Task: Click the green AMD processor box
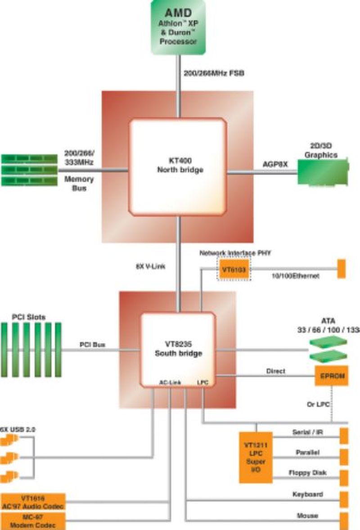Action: click(178, 27)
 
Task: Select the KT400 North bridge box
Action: click(178, 166)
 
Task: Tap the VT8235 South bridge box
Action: click(178, 350)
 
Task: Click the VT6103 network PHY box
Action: click(234, 269)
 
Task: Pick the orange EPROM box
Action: click(332, 375)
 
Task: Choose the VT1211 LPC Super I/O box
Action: click(255, 457)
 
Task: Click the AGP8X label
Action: click(275, 165)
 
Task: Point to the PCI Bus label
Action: click(92, 345)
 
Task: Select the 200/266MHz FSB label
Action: click(214, 73)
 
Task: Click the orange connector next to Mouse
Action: click(344, 521)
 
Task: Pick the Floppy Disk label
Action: click(307, 473)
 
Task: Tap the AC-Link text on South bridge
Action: click(170, 382)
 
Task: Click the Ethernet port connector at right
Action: click(341, 269)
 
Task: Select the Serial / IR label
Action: click(308, 432)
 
